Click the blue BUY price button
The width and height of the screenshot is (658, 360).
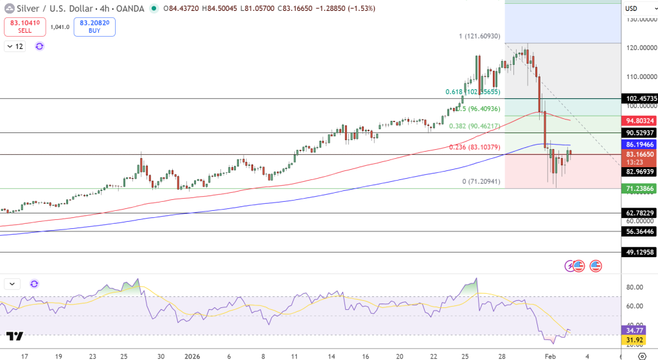(x=94, y=26)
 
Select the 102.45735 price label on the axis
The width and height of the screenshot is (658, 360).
(x=639, y=98)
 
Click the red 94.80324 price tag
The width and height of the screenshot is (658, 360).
(x=639, y=120)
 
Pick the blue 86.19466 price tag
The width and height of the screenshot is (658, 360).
(x=639, y=145)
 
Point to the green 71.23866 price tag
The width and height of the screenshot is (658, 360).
(x=639, y=188)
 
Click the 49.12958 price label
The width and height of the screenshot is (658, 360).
(x=639, y=252)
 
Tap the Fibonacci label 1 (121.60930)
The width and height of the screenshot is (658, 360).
(x=479, y=37)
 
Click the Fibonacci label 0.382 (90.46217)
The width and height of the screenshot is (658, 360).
(x=474, y=126)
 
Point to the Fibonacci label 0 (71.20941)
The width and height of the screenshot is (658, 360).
(x=481, y=182)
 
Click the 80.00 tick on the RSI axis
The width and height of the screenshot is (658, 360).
(x=636, y=287)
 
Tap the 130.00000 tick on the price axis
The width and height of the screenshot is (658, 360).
(x=639, y=19)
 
